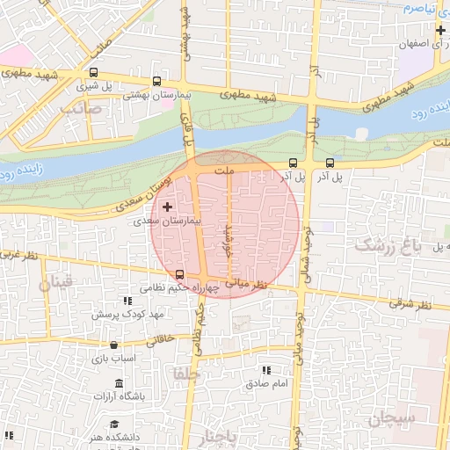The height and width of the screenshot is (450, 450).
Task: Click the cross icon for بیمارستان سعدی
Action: click(x=167, y=207)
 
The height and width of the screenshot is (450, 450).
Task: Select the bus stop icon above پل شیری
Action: click(x=94, y=74)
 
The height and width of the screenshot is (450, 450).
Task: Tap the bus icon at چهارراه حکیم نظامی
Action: click(x=180, y=274)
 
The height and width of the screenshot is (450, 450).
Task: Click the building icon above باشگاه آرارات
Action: click(x=120, y=383)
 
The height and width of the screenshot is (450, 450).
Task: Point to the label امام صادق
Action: click(x=267, y=384)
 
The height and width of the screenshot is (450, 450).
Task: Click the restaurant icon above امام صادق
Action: click(x=267, y=371)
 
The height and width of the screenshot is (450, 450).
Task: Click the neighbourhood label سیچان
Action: click(x=392, y=419)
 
